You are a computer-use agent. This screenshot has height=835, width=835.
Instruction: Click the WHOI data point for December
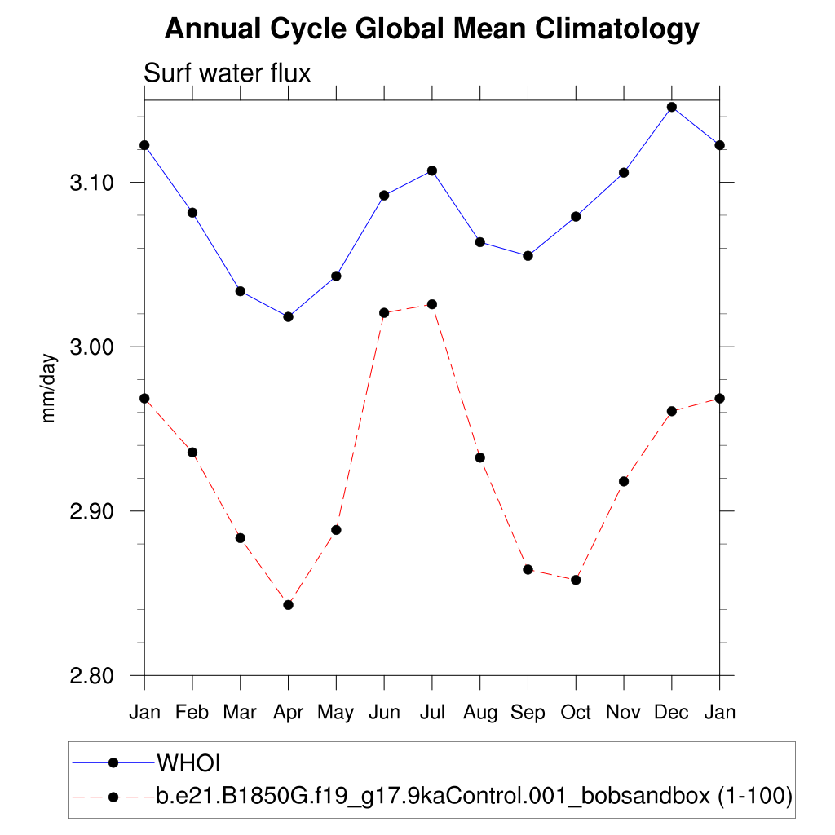(x=672, y=107)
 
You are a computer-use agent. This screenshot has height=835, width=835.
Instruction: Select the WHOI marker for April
(x=288, y=316)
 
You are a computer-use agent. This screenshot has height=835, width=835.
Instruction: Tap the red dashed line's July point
(x=432, y=304)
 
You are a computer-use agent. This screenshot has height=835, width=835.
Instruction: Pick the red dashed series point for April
(x=288, y=604)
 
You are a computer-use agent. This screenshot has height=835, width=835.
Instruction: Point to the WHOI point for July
(x=432, y=170)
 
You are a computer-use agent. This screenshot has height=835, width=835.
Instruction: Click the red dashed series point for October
(x=576, y=580)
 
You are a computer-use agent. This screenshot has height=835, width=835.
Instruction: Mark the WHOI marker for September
(x=528, y=255)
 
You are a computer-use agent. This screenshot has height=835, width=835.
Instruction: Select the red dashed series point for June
(x=384, y=312)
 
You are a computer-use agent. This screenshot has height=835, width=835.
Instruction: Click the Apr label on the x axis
(x=288, y=713)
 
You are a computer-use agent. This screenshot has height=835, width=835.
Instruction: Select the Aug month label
(x=480, y=713)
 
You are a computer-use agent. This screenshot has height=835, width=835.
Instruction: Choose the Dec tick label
(x=672, y=713)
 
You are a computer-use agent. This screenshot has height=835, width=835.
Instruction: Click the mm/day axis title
(x=49, y=387)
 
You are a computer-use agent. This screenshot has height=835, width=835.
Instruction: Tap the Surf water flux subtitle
(x=228, y=73)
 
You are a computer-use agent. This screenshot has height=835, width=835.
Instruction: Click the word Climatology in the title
(x=617, y=29)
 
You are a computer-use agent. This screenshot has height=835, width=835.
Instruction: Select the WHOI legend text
(x=189, y=762)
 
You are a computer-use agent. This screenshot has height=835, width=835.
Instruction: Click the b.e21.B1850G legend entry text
(x=474, y=795)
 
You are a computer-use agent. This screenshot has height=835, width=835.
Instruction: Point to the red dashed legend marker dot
(x=114, y=795)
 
